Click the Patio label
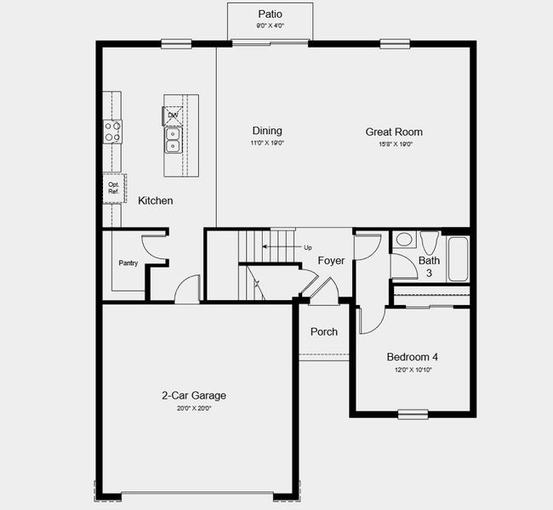270,14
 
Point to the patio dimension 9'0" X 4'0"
270,25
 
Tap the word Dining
267,131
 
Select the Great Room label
394,132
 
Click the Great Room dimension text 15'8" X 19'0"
395,144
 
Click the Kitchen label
156,201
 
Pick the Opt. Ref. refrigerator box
113,188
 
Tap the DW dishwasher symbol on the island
173,115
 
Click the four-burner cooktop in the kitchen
112,130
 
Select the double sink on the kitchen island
173,139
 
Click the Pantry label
128,263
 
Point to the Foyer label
331,261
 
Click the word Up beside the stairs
307,247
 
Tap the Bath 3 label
429,267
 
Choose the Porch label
323,331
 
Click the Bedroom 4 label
412,357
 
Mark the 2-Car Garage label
194,395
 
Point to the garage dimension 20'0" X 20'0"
194,408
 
